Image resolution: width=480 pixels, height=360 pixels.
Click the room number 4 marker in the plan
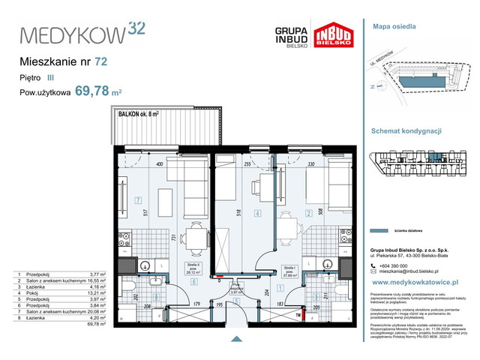click(x=257, y=214)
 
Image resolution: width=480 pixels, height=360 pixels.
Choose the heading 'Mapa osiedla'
click(x=391, y=25)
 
